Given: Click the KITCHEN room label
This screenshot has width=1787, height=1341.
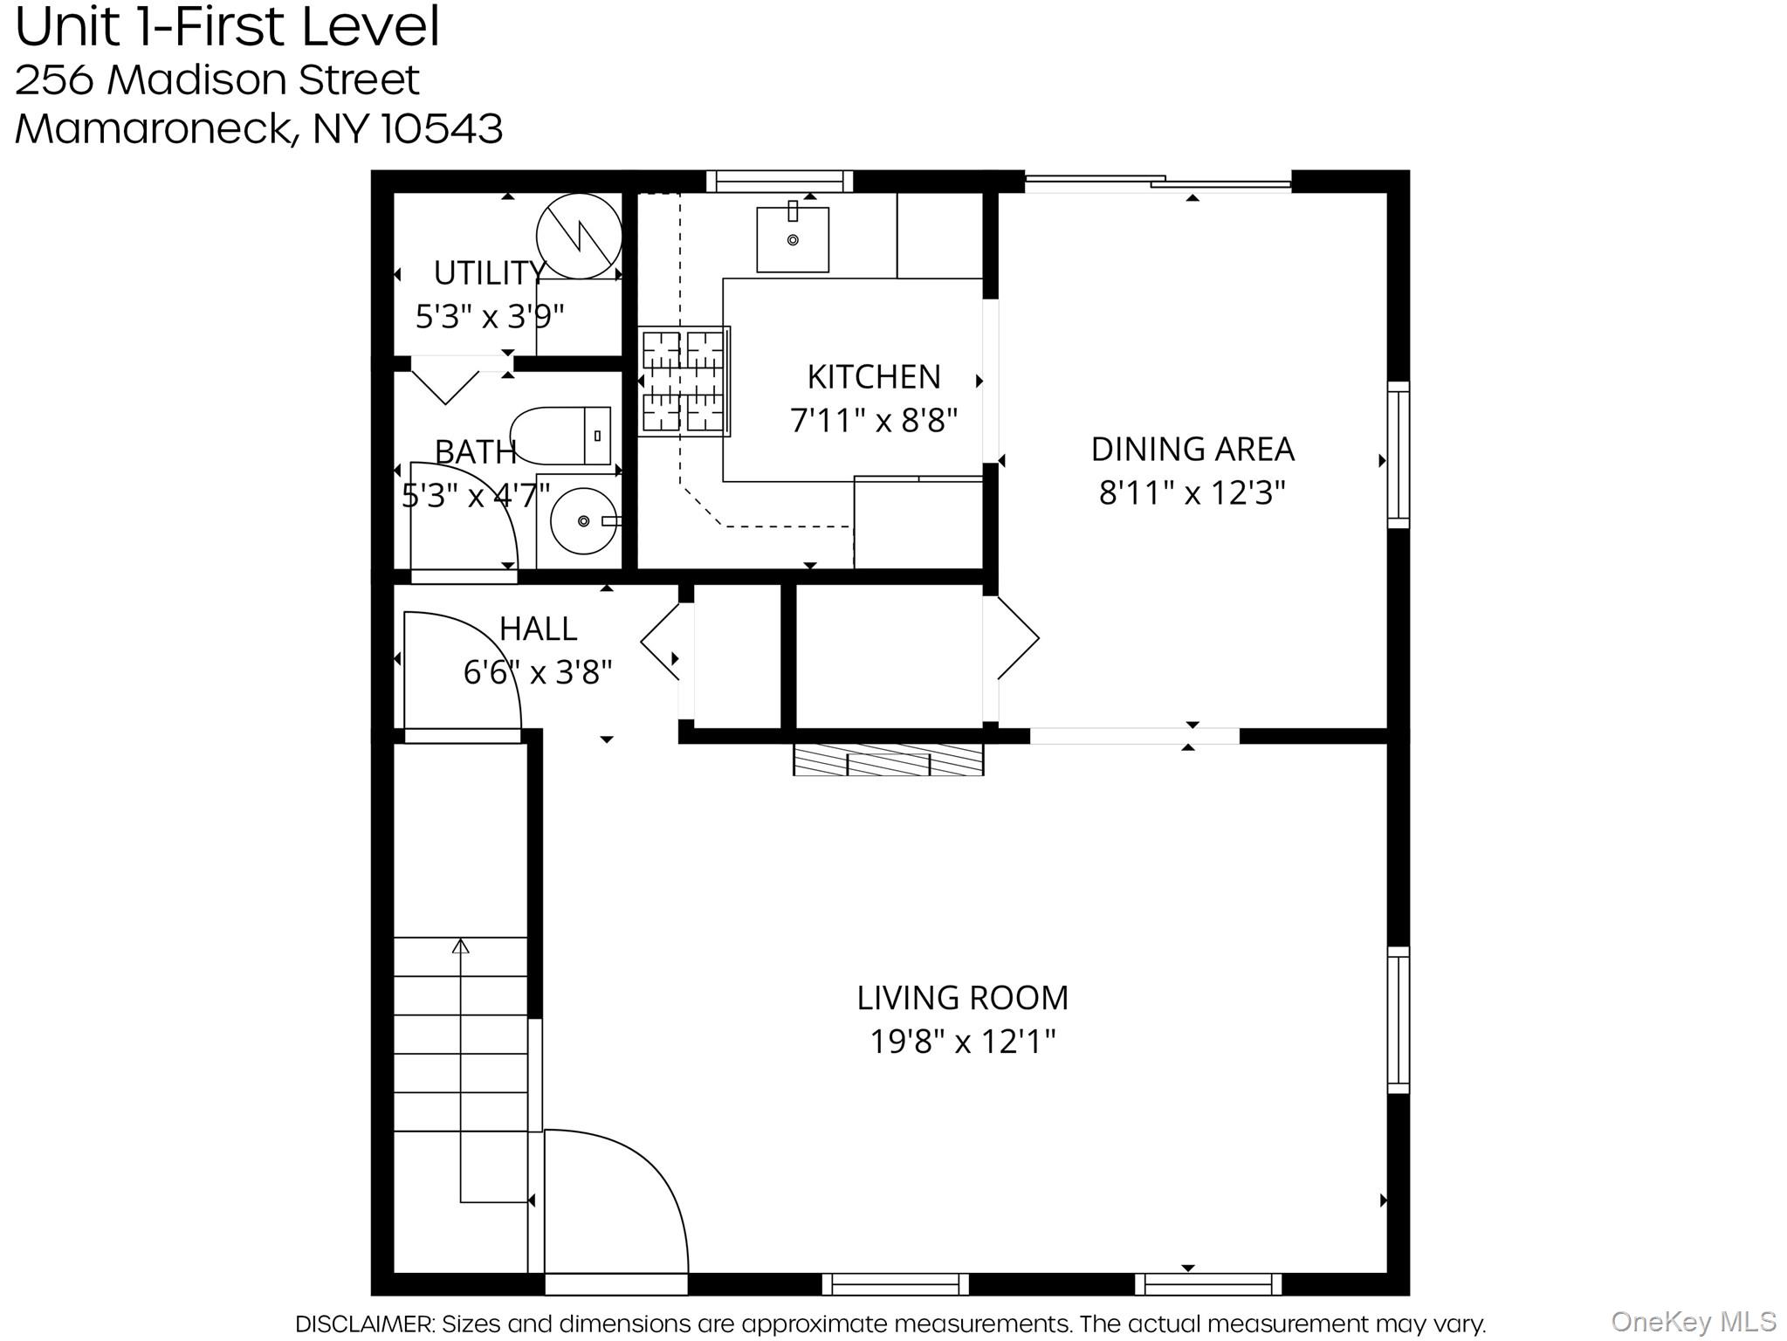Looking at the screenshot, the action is [x=874, y=377].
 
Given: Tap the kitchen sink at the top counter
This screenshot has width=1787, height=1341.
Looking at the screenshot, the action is [x=793, y=238].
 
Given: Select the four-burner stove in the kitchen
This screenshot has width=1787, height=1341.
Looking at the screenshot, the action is [x=684, y=381].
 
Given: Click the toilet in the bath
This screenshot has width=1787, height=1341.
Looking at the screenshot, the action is [x=560, y=436].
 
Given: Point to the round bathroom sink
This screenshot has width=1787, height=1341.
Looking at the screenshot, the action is [x=584, y=521].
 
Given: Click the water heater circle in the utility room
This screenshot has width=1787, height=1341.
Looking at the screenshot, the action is [x=579, y=236].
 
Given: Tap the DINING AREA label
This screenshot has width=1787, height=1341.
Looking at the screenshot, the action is [x=1192, y=449].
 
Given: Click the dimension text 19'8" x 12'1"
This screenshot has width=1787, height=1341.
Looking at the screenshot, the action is [x=963, y=1042].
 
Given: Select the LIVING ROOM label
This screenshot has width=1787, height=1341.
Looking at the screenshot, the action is [x=963, y=997].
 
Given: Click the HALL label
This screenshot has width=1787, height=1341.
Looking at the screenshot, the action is [x=538, y=629].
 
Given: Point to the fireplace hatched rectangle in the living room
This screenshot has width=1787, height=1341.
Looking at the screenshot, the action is [x=888, y=760].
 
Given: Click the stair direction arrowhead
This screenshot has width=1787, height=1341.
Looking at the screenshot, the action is [x=461, y=946].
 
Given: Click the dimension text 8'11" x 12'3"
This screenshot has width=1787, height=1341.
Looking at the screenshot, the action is [x=1192, y=493].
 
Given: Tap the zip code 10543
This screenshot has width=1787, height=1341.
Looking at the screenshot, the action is [x=443, y=128].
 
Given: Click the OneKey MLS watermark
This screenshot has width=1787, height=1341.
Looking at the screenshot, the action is [x=1694, y=1322].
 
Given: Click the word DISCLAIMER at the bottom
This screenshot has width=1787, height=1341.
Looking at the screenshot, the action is [x=364, y=1324].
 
